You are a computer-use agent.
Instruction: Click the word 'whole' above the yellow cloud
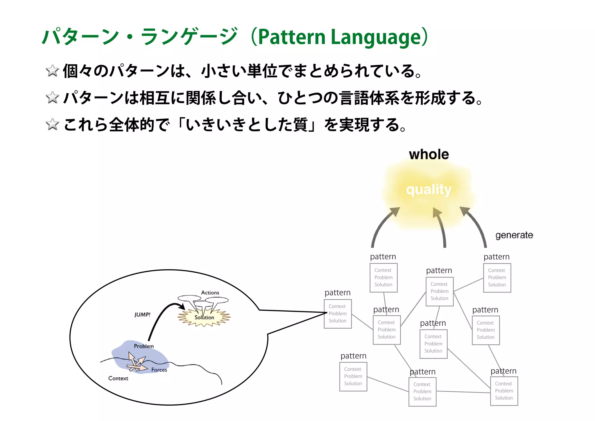[429, 154]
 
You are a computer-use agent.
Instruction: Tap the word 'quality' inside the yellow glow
[429, 190]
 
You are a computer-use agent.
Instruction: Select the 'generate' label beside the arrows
[514, 235]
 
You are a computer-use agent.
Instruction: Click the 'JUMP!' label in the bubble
[142, 315]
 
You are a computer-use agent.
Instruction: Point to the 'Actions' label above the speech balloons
[210, 292]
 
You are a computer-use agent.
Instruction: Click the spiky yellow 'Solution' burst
[204, 317]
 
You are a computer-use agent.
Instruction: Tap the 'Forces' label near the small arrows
[159, 370]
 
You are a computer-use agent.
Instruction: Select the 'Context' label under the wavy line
[118, 378]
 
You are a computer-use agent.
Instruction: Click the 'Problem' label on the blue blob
[144, 346]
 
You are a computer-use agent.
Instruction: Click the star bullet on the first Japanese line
[52, 71]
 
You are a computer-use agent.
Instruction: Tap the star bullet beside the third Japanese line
[52, 124]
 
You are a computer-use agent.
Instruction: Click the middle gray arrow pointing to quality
[440, 227]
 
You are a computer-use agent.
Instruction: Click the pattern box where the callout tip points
[338, 314]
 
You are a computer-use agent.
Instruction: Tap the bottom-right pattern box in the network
[504, 391]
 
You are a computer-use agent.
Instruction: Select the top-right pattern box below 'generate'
[497, 278]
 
